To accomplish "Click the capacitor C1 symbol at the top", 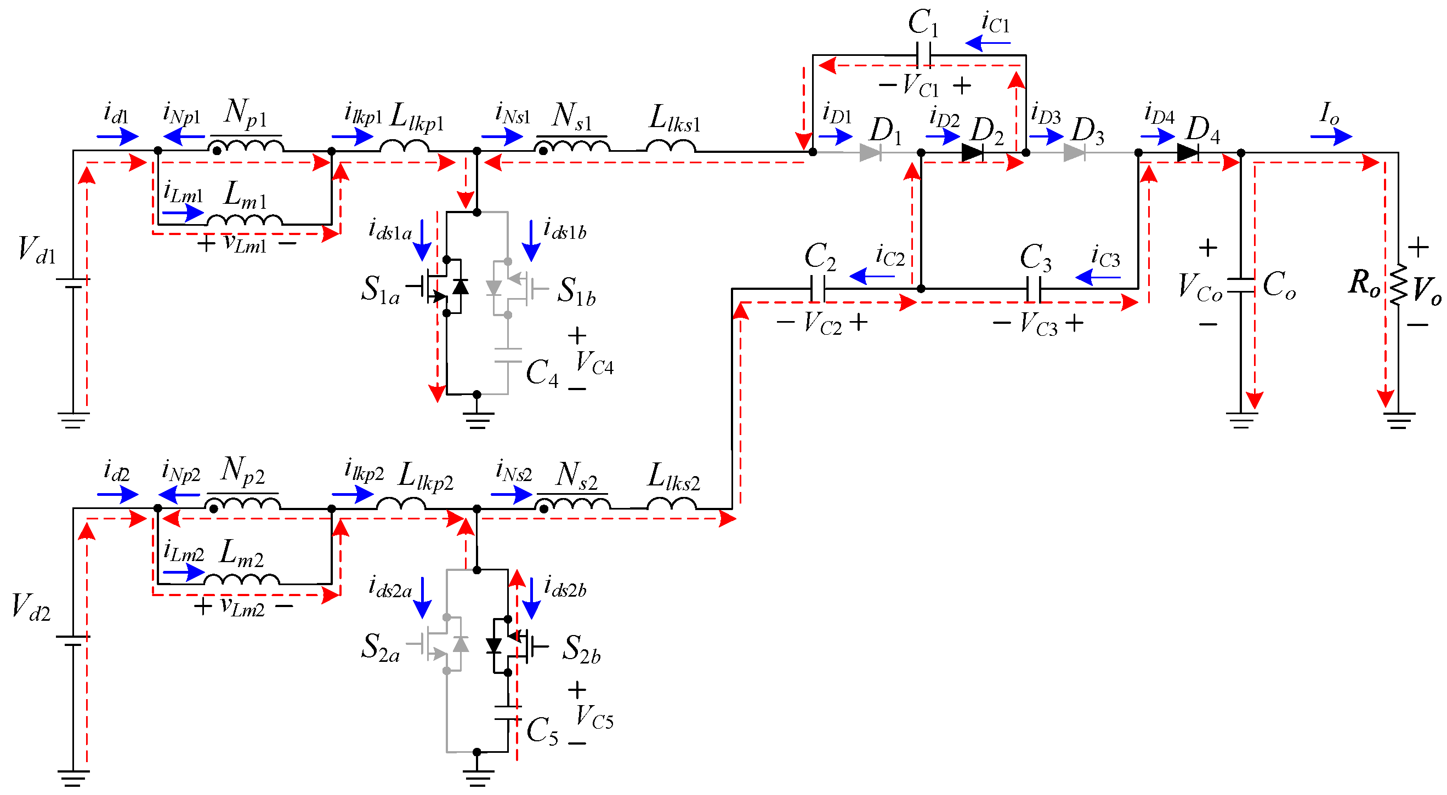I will coord(922,55).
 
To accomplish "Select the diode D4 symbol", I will coord(1187,152).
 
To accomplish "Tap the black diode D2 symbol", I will coord(972,152).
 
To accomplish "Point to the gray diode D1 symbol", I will coord(870,152).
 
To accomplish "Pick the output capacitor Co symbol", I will coord(1241,286).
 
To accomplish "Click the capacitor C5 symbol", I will coord(508,713).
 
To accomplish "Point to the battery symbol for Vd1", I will coord(73,283).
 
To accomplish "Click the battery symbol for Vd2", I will coord(73,640).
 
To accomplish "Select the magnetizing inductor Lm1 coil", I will coord(245,220).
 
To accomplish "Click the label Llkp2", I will coord(425,477).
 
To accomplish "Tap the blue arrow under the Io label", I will coord(1331,136).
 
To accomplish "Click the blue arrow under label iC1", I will coord(987,43).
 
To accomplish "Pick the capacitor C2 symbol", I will coord(818,289).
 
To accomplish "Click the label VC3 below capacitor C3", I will coord(1038,324).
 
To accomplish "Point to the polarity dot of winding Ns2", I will coord(543,508).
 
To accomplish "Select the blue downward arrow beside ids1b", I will coord(531,241).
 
